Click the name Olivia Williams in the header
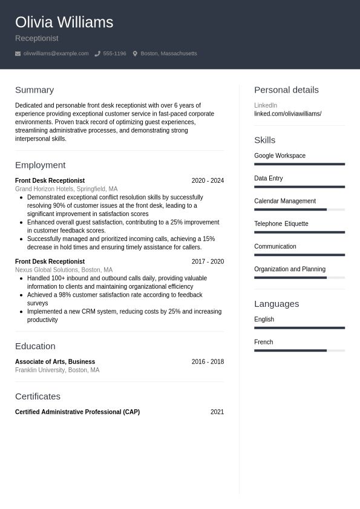pyautogui.click(x=64, y=22)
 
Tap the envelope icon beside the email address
pyautogui.click(x=18, y=54)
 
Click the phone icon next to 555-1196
pyautogui.click(x=97, y=54)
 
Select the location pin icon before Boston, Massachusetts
pyautogui.click(x=135, y=54)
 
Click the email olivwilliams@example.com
pyautogui.click(x=56, y=54)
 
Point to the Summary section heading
pyautogui.click(x=34, y=90)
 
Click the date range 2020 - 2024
pyautogui.click(x=208, y=180)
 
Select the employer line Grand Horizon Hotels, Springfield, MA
pyautogui.click(x=67, y=189)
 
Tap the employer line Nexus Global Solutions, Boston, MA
pyautogui.click(x=64, y=270)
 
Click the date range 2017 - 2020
pyautogui.click(x=208, y=261)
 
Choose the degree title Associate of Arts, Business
pyautogui.click(x=55, y=362)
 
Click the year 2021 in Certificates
pyautogui.click(x=217, y=412)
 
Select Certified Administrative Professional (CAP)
pyautogui.click(x=77, y=412)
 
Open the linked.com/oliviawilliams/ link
pyautogui.click(x=287, y=114)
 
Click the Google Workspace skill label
pyautogui.click(x=280, y=156)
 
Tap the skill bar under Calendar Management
pyautogui.click(x=299, y=209)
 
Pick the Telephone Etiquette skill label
pyautogui.click(x=281, y=224)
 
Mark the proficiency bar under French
pyautogui.click(x=299, y=350)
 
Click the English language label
pyautogui.click(x=264, y=320)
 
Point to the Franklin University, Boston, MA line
pyautogui.click(x=57, y=370)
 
